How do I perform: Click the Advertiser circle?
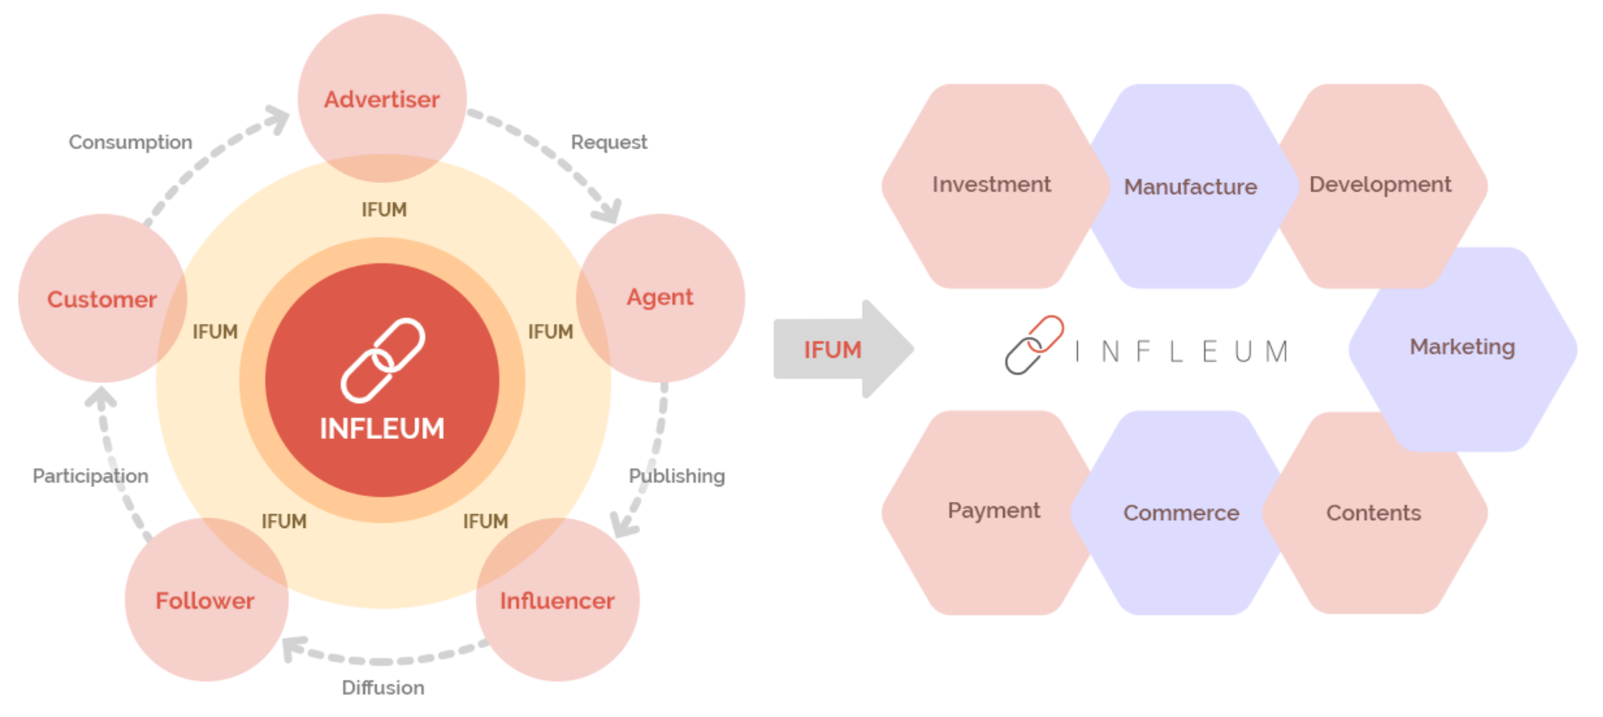[382, 98]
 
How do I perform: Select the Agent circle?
[661, 297]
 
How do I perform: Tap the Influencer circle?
[557, 599]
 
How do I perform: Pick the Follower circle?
[206, 599]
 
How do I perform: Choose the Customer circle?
[102, 297]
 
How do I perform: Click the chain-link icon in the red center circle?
[383, 360]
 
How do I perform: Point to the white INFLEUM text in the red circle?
[382, 428]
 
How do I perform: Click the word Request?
[609, 142]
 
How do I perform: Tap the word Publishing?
[677, 476]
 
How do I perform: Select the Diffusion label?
[383, 688]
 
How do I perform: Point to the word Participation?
[91, 476]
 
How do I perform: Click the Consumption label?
[131, 142]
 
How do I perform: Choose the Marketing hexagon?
[1463, 349]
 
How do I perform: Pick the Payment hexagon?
[994, 512]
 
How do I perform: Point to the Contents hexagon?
[1375, 512]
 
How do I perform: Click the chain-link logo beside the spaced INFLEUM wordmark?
[1034, 345]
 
